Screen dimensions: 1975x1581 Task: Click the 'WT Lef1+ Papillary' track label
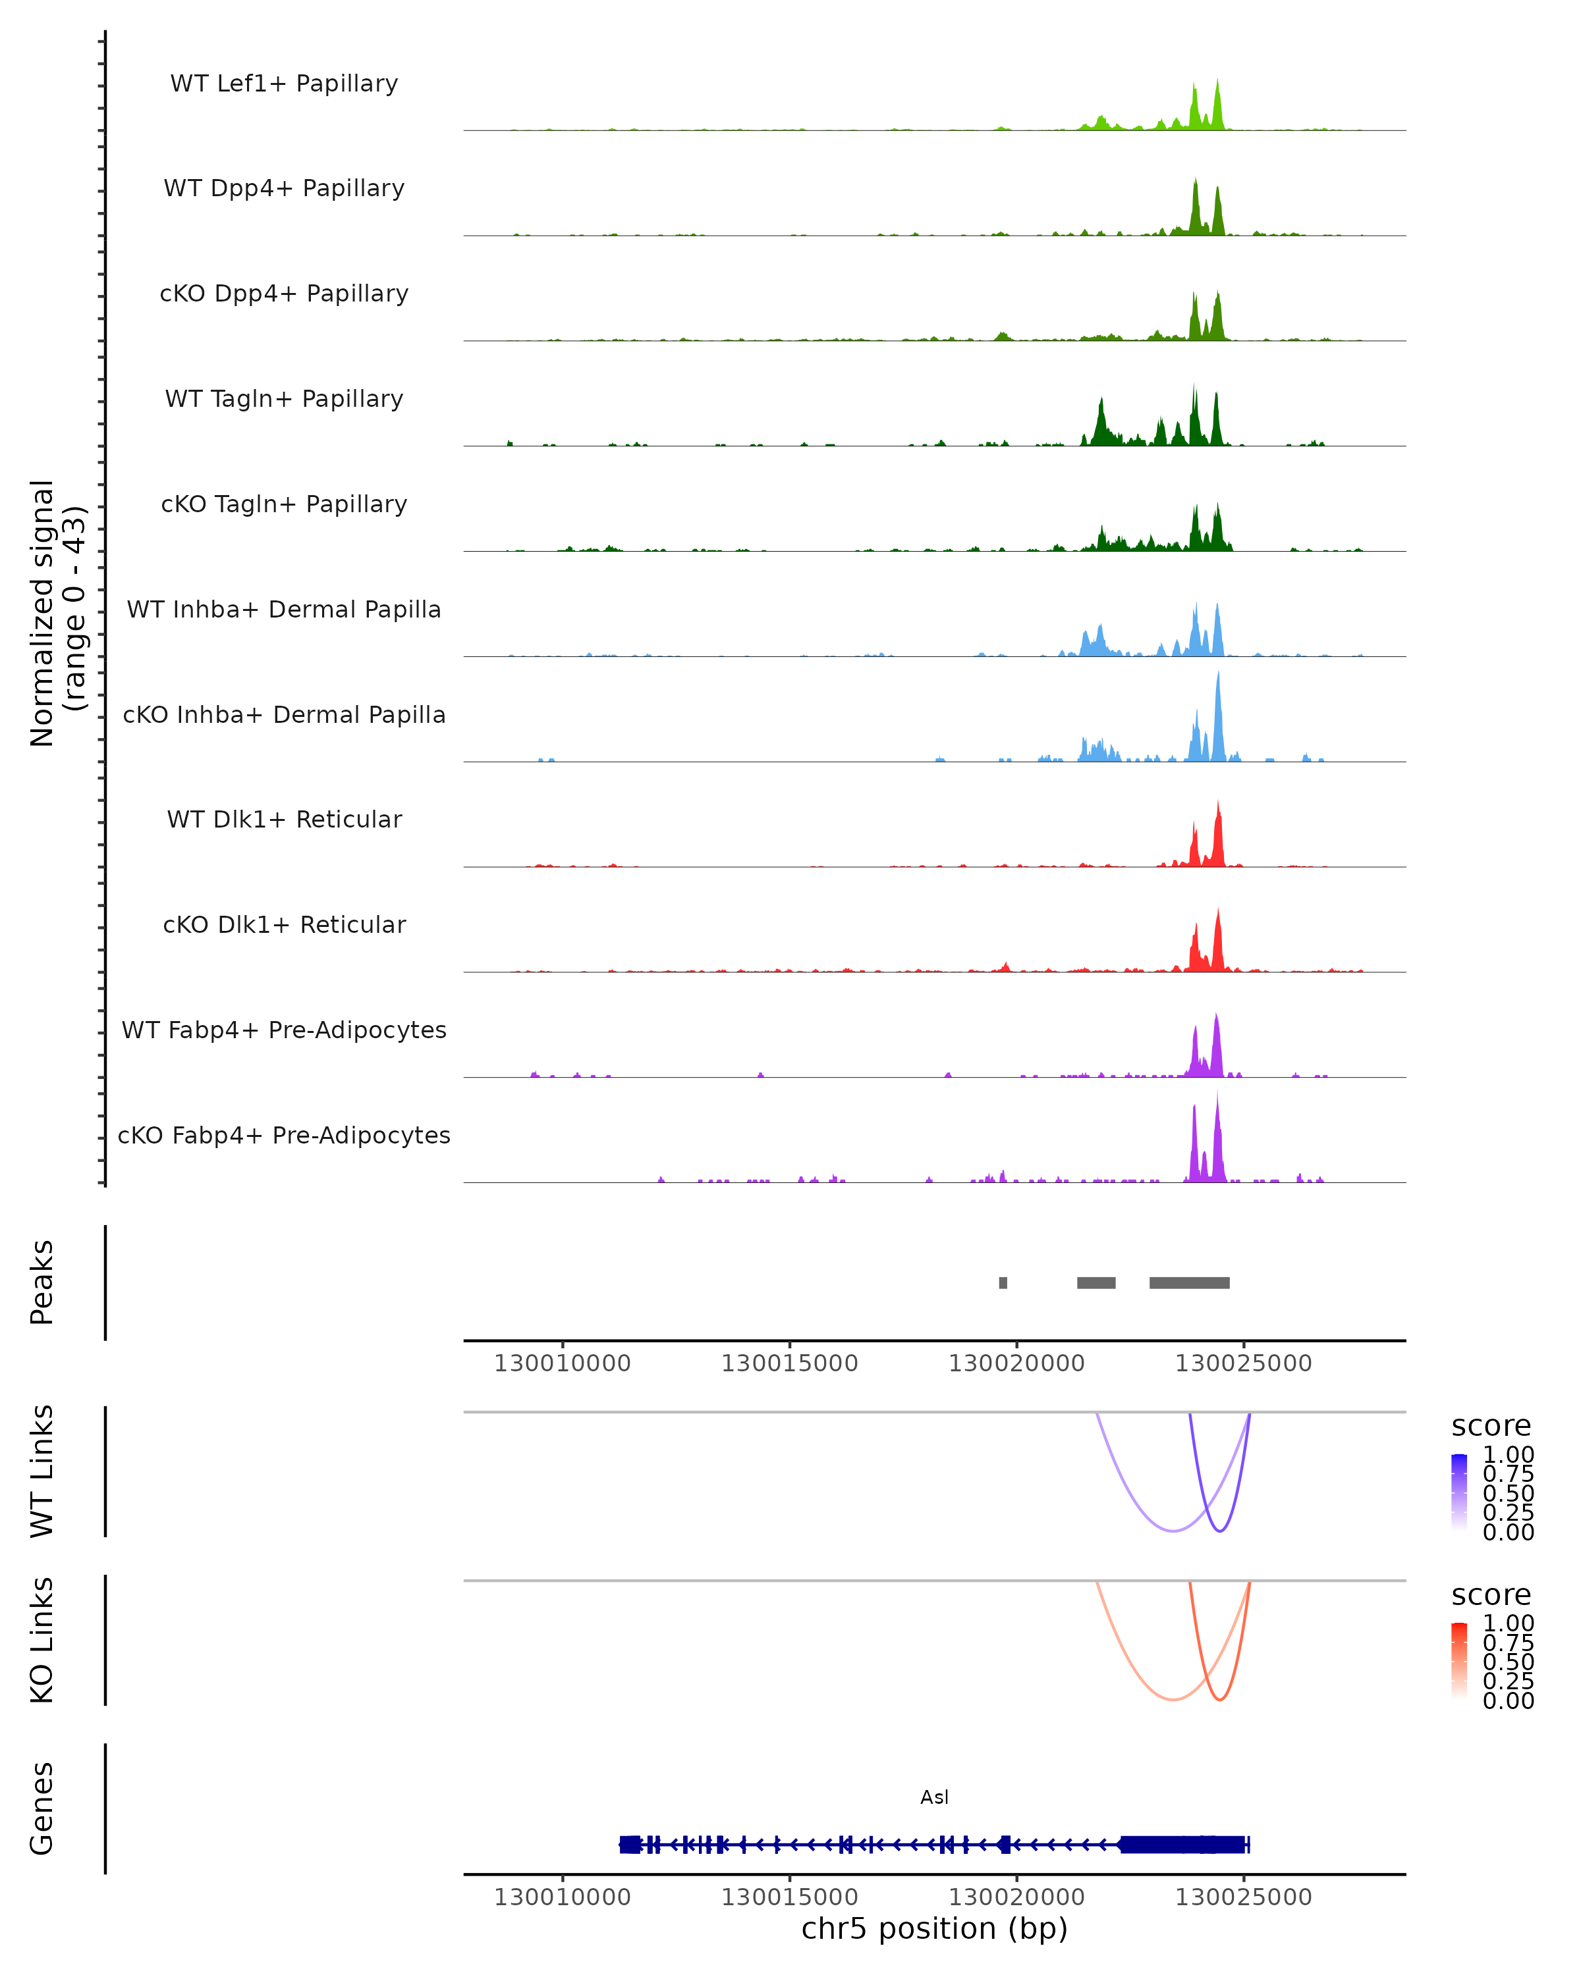284,84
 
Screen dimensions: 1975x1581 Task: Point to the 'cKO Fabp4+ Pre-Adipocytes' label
284,1135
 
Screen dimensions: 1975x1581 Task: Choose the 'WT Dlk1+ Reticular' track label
284,819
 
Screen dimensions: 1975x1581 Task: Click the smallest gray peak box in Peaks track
1003,1282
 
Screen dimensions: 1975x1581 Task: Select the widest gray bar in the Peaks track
1189,1282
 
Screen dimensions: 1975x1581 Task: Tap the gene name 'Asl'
934,1797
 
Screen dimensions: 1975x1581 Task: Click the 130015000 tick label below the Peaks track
789,1363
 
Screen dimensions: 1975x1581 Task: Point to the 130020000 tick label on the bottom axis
1016,1897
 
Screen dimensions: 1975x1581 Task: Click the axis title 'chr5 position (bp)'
934,1929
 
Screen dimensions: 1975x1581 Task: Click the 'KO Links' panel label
42,1640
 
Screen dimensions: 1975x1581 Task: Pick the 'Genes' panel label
42,1808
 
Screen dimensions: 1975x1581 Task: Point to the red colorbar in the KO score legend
1459,1661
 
